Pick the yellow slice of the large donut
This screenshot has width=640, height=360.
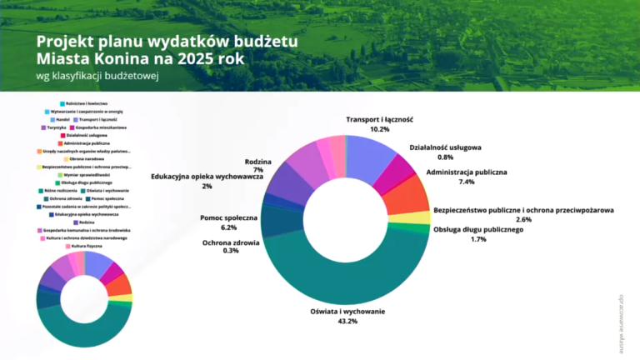coord(419,217)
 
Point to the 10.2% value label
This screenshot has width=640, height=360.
coord(379,129)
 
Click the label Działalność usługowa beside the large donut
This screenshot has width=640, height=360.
coord(445,147)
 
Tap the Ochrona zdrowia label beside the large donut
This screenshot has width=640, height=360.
coord(231,242)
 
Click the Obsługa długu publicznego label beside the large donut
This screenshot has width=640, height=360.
coord(477,229)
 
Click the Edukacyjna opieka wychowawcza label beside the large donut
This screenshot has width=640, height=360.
coord(207,177)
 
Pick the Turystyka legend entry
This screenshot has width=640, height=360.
coord(53,127)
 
